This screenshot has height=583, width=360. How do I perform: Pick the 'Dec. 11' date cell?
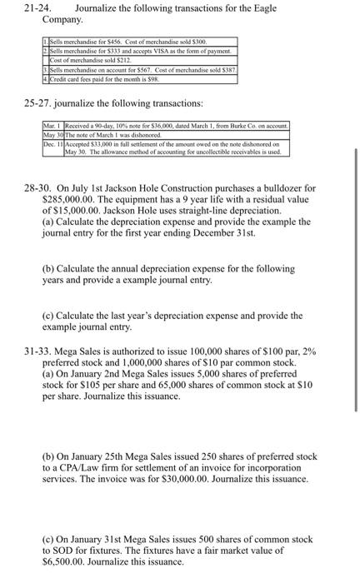point(53,143)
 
